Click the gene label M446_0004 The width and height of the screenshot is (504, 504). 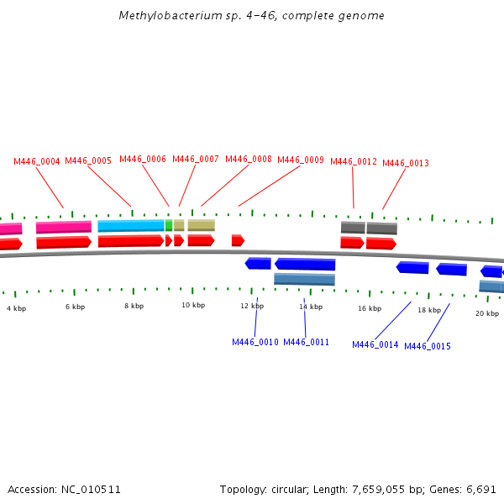point(37,161)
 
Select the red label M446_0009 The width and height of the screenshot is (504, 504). point(301,160)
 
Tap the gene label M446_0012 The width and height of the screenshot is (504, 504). point(354,162)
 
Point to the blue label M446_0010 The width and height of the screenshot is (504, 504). point(255,342)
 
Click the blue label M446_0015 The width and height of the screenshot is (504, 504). point(428,346)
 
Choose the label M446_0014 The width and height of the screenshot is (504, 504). point(375,344)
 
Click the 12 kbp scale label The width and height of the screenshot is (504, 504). point(252,307)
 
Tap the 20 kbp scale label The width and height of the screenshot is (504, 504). point(486,313)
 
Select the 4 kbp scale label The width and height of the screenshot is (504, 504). point(16,308)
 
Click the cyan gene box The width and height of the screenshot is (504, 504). point(131,226)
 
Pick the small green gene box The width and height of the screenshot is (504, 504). point(169,225)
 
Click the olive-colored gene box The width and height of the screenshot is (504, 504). point(201,225)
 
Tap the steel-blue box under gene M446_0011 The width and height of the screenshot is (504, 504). point(304,279)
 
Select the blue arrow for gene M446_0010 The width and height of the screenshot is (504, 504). point(258,264)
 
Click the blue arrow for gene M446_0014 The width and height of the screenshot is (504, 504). point(412,267)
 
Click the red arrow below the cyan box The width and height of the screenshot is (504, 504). point(130,241)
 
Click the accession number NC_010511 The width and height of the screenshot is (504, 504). point(91,489)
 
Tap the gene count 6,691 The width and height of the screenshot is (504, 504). point(480,489)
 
